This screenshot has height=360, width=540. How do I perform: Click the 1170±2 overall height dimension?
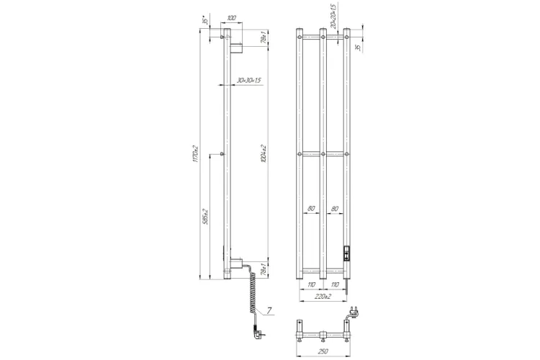pyautogui.click(x=195, y=154)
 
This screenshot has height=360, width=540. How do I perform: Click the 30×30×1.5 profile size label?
pyautogui.click(x=248, y=80)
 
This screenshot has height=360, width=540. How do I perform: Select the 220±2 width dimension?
pyautogui.click(x=323, y=296)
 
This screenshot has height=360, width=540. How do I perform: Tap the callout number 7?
pyautogui.click(x=269, y=310)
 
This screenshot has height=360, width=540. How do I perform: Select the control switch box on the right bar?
pyautogui.click(x=348, y=253)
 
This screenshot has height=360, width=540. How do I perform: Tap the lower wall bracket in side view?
pyautogui.click(x=234, y=266)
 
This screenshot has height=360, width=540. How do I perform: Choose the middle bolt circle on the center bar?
pyautogui.click(x=323, y=154)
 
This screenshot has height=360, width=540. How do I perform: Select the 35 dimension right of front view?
pyautogui.click(x=358, y=47)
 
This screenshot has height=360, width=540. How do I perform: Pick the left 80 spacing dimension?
pyautogui.click(x=312, y=209)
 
